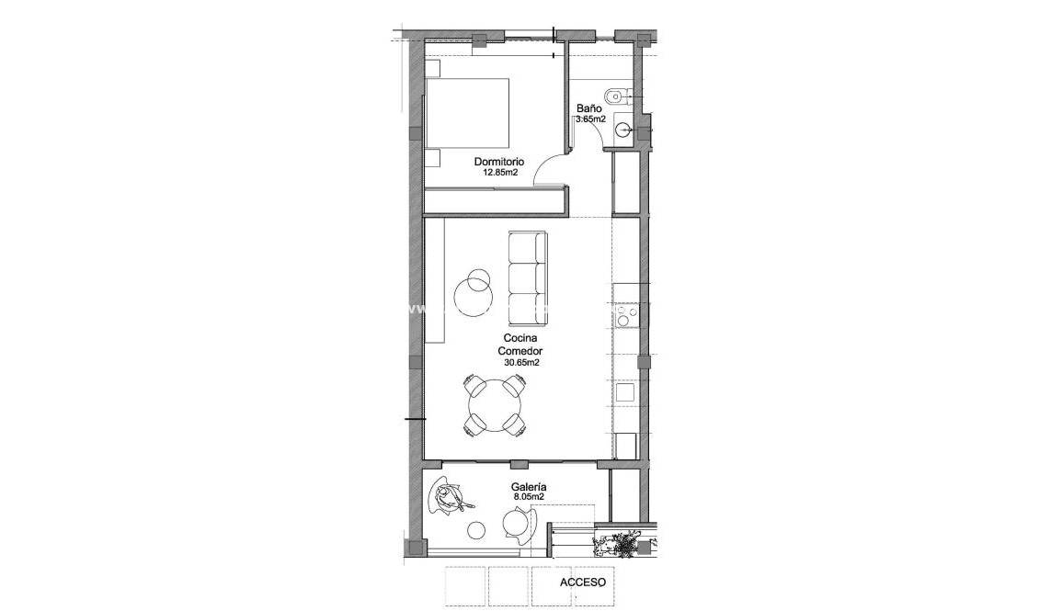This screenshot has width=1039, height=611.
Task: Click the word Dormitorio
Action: point(498,162)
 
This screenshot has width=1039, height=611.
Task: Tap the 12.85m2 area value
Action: point(498,172)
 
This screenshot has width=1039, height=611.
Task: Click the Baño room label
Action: point(589,108)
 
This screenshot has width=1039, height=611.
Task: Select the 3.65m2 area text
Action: point(590,119)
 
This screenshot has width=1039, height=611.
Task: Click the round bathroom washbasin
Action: point(622,130)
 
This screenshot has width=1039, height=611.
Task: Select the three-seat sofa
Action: point(527,277)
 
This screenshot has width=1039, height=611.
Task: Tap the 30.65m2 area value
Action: point(520,363)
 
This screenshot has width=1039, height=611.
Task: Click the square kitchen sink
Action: point(625,392)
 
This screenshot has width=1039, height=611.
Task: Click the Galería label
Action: point(529,487)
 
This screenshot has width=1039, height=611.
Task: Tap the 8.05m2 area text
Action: point(529,497)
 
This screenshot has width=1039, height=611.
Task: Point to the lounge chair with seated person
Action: point(450,497)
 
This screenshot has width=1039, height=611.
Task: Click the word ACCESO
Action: point(583,583)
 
